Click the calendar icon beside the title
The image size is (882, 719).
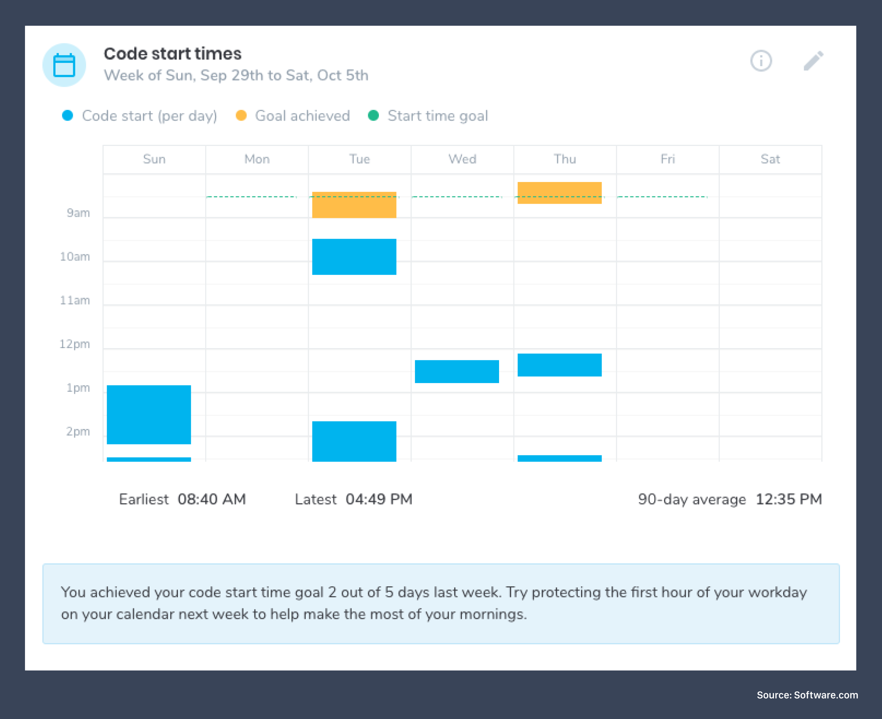click(64, 65)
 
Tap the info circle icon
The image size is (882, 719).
click(761, 61)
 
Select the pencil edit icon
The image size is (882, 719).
click(813, 61)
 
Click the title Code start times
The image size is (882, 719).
click(172, 53)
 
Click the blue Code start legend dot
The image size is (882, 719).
click(68, 115)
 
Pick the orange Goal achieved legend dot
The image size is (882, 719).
click(241, 115)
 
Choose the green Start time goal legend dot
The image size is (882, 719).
click(373, 115)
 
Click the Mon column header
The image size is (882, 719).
click(257, 159)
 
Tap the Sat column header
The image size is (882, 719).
click(770, 159)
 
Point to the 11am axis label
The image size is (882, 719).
click(75, 300)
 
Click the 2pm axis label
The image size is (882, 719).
click(78, 432)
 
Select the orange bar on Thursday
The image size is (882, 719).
click(559, 193)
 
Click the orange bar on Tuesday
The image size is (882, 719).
click(354, 205)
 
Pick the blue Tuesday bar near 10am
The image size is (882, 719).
click(354, 257)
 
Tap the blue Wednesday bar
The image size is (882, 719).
click(457, 372)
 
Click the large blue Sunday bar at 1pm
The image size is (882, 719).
click(149, 415)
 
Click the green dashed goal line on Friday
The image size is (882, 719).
click(663, 197)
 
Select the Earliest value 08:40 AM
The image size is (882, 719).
click(212, 499)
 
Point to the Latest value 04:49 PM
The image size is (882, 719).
click(379, 499)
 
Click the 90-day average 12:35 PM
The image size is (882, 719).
click(788, 499)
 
